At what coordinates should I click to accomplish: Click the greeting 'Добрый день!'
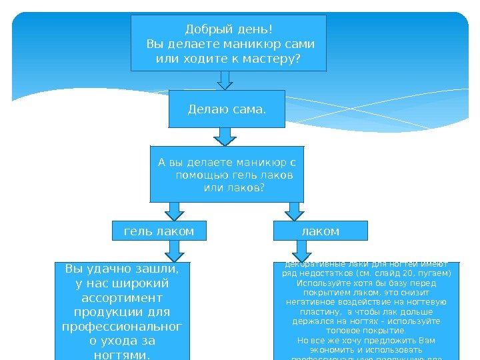pyautogui.click(x=229, y=29)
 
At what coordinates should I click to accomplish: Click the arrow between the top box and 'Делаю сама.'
pyautogui.click(x=226, y=80)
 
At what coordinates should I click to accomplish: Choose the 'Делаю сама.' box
pyautogui.click(x=227, y=109)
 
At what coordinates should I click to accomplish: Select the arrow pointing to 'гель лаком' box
pyautogui.click(x=175, y=211)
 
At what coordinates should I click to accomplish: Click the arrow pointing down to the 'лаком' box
pyautogui.click(x=293, y=211)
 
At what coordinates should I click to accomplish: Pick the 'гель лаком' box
pyautogui.click(x=159, y=231)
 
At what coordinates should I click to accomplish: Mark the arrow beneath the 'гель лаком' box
pyautogui.click(x=175, y=251)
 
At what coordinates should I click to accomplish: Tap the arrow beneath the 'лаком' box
pyautogui.click(x=302, y=251)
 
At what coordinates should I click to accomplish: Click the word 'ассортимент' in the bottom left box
pyautogui.click(x=122, y=298)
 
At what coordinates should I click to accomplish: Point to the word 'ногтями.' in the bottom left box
pyautogui.click(x=122, y=355)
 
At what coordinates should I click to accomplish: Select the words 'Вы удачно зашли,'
pyautogui.click(x=122, y=269)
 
